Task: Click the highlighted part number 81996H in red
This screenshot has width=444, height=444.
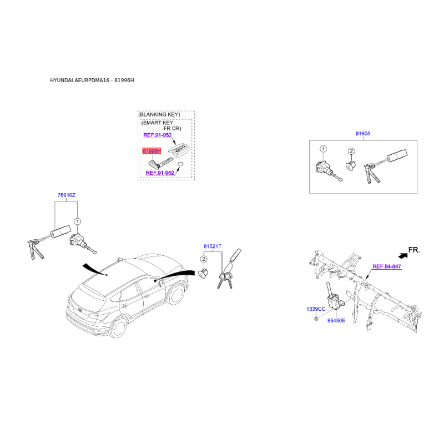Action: pyautogui.click(x=152, y=151)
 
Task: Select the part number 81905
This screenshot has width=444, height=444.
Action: pyautogui.click(x=363, y=133)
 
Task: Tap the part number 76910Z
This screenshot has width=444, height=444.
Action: pyautogui.click(x=67, y=195)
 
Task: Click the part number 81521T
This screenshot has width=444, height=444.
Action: pyautogui.click(x=213, y=246)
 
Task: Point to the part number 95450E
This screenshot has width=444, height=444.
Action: pyautogui.click(x=336, y=321)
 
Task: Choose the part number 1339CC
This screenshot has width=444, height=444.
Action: pyautogui.click(x=316, y=309)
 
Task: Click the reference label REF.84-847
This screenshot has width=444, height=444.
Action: pyautogui.click(x=387, y=266)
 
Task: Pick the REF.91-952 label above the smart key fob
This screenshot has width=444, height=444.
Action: pyautogui.click(x=158, y=135)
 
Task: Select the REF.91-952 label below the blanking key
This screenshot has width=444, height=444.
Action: pyautogui.click(x=160, y=173)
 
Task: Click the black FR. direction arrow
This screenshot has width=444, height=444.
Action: pyautogui.click(x=403, y=255)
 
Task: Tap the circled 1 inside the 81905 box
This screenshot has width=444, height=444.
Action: pyautogui.click(x=323, y=149)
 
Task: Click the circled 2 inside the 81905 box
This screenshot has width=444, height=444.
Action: pyautogui.click(x=351, y=151)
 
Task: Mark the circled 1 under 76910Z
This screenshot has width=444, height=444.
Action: pyautogui.click(x=77, y=221)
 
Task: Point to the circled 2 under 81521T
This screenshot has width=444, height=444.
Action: pyautogui.click(x=204, y=259)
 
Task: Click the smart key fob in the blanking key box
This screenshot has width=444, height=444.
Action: pyautogui.click(x=179, y=149)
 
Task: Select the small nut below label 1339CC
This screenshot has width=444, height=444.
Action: pyautogui.click(x=316, y=319)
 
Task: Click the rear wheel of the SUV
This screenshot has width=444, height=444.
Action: pyautogui.click(x=119, y=328)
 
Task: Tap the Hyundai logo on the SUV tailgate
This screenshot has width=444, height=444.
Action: pyautogui.click(x=80, y=311)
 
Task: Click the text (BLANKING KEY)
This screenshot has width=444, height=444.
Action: pyautogui.click(x=159, y=115)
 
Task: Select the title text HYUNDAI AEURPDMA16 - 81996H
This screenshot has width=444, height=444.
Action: pyautogui.click(x=92, y=80)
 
